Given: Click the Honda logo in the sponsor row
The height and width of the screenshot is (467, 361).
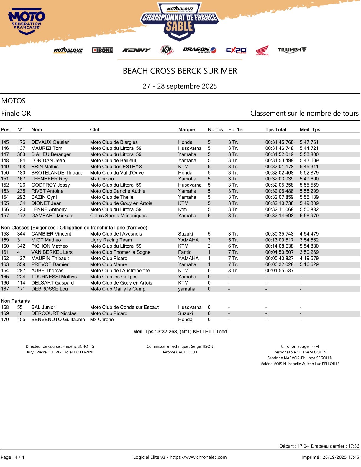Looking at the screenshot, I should (262, 50).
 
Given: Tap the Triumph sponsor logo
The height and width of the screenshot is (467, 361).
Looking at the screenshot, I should (292, 50).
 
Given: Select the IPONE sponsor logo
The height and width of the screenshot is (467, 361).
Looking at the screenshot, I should (102, 50).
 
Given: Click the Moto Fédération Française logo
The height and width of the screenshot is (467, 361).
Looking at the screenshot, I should (27, 22).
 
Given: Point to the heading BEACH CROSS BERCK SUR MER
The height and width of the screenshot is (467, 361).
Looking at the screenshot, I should (180, 71).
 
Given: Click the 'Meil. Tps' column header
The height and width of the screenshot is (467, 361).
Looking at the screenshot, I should (310, 129).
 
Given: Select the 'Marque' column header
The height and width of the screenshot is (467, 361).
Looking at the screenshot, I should (186, 129).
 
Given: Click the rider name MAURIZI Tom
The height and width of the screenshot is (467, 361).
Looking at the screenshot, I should (47, 148).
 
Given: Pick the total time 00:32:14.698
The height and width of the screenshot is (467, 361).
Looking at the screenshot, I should (279, 216).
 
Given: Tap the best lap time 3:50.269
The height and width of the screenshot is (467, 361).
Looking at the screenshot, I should (309, 252).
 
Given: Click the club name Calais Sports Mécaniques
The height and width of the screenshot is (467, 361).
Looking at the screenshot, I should (118, 216).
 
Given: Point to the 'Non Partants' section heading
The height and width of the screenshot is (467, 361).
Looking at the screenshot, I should (15, 301).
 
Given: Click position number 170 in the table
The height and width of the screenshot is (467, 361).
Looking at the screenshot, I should (5, 319).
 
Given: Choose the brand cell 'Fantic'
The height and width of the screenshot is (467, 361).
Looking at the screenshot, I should (185, 252).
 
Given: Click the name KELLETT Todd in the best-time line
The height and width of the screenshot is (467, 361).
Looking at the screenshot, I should (210, 332).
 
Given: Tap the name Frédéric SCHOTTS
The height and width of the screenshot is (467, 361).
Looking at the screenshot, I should (78, 346).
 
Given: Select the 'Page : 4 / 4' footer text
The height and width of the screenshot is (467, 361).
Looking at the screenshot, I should (13, 457).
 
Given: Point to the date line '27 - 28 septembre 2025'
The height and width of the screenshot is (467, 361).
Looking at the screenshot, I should (180, 86).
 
